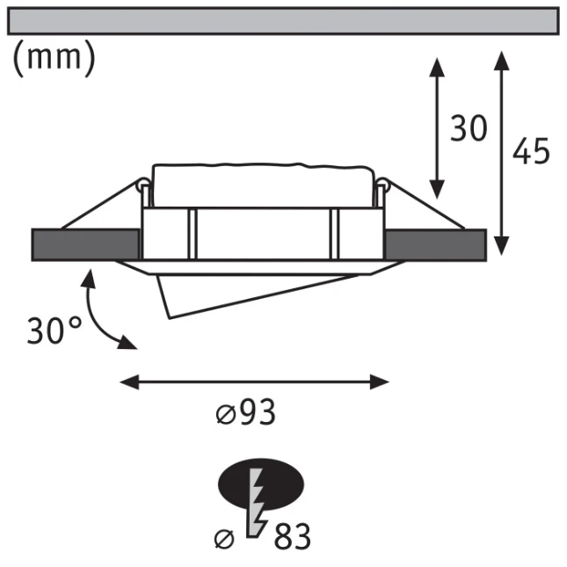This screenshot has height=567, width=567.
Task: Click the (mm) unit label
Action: (x=55, y=58)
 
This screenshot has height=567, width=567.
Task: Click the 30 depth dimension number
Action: (x=469, y=128)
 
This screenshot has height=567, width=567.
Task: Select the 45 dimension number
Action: (x=531, y=151)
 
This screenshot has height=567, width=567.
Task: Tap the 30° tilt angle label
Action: (x=55, y=331)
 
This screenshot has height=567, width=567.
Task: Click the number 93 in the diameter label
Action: (x=257, y=412)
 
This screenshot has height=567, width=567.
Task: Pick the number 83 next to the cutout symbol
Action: (x=292, y=536)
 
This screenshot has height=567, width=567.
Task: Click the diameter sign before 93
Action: (x=226, y=414)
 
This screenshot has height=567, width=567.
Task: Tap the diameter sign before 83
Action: (x=224, y=540)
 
